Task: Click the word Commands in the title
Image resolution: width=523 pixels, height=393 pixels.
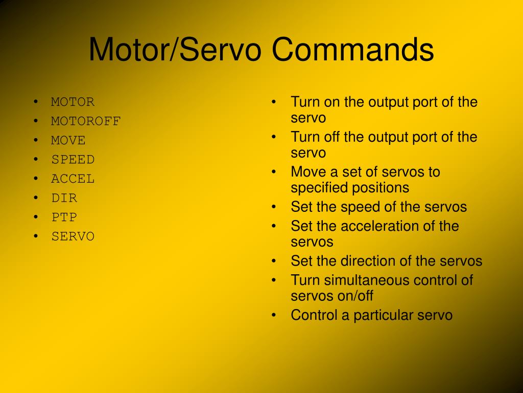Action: (x=352, y=49)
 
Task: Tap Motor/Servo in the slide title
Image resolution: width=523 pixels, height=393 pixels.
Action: (x=175, y=49)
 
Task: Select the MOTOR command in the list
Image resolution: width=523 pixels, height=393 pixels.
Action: (x=73, y=102)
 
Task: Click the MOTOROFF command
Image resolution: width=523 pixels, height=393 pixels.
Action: (x=86, y=121)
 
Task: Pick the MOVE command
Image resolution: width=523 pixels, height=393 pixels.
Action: (x=68, y=140)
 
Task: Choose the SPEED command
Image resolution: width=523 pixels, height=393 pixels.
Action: (x=73, y=160)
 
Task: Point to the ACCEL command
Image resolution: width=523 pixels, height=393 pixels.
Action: (x=73, y=179)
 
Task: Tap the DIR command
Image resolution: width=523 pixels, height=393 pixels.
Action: (x=64, y=198)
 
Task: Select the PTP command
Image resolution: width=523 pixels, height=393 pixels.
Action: (x=64, y=217)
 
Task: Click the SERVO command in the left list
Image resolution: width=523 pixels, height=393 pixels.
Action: (x=73, y=236)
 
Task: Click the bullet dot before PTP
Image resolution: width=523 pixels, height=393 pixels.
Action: (x=36, y=217)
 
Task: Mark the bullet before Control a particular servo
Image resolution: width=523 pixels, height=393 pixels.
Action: (x=274, y=315)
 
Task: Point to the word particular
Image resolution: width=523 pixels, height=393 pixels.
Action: (x=384, y=315)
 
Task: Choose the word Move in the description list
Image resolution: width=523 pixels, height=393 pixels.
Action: (x=308, y=172)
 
